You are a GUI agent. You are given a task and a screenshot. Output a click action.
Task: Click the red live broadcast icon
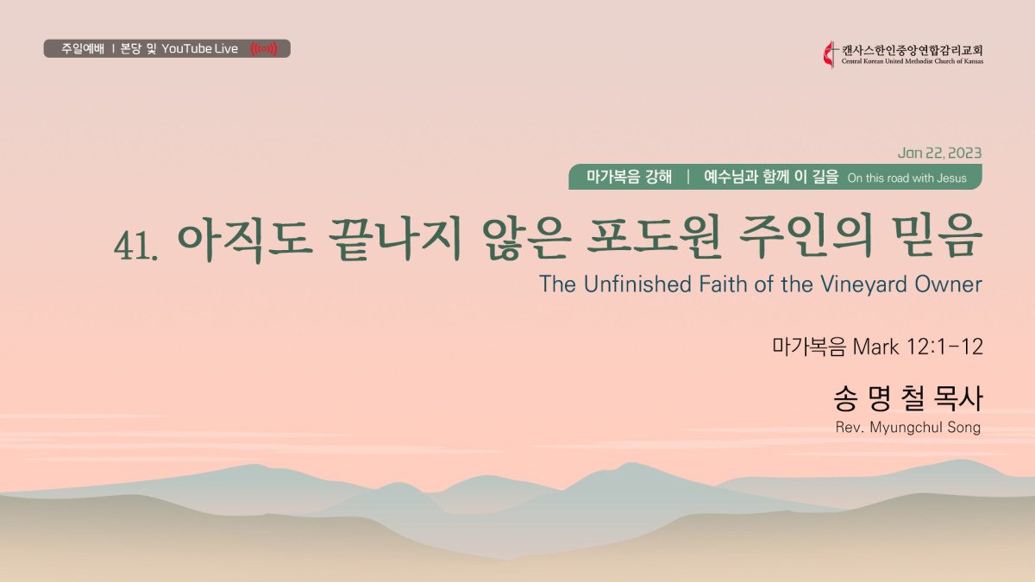tap(264, 48)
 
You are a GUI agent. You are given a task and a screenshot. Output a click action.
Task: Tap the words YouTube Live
tap(199, 48)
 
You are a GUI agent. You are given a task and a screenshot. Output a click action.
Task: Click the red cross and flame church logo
tap(830, 55)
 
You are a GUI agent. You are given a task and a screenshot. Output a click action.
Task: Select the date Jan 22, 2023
tap(939, 153)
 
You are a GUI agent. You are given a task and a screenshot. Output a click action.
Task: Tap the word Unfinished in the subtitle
tap(637, 284)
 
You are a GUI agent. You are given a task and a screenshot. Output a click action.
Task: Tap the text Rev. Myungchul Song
tap(908, 428)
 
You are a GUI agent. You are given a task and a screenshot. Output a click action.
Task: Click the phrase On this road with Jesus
tap(907, 178)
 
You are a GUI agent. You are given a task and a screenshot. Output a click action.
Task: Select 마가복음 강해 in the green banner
tap(629, 177)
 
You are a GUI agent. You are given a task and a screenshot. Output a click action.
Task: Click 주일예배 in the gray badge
tap(83, 48)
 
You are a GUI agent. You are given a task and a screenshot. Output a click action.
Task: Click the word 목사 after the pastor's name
tap(958, 398)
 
